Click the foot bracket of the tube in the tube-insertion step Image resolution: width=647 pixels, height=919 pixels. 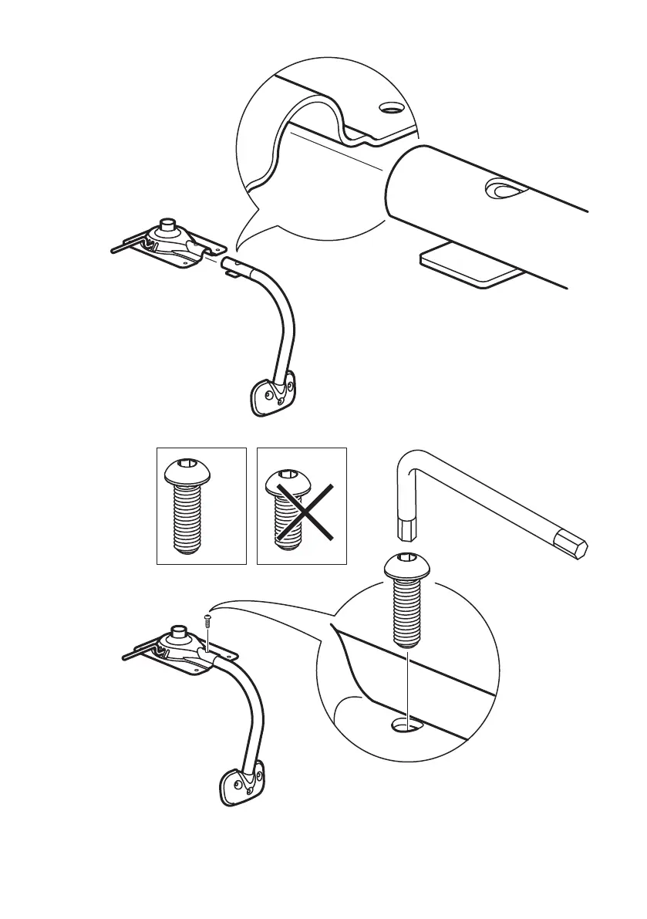274,394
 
